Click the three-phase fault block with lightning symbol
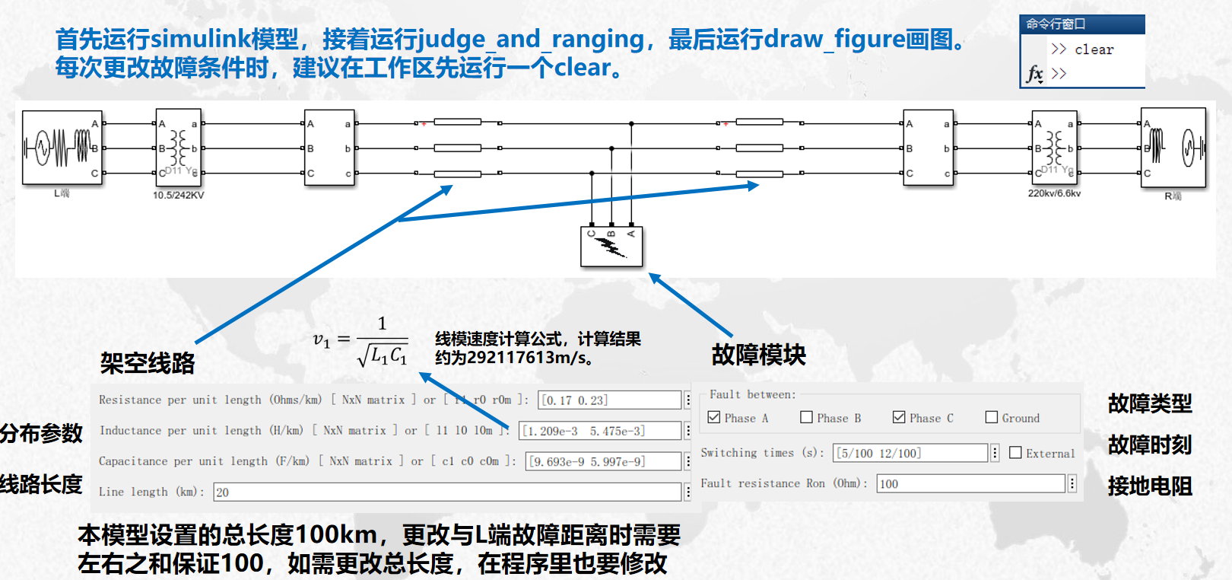611,246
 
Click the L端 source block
62,148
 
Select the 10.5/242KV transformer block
178,148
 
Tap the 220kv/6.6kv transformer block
1054,148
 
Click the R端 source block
1173,148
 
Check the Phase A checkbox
714,417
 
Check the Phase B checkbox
807,417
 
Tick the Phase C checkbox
899,417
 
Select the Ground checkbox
992,417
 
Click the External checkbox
1015,453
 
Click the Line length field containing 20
446,492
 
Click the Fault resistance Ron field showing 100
970,483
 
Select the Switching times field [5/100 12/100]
910,453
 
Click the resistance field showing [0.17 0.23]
609,400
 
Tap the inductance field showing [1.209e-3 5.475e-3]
600,431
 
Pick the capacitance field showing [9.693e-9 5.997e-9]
603,461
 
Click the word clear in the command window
1094,50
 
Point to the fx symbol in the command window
1035,74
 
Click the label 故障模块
758,355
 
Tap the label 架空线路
148,363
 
